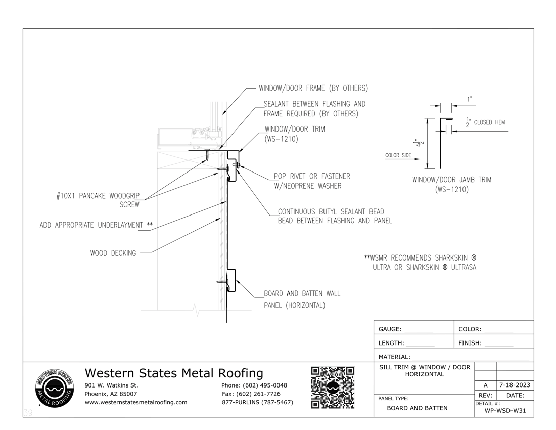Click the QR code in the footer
click(333, 387)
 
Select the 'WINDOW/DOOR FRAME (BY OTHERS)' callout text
click(313, 88)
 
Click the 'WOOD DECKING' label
click(113, 253)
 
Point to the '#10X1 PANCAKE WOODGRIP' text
click(98, 196)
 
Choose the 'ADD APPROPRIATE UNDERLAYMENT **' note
click(96, 225)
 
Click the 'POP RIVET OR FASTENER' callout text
click(312, 176)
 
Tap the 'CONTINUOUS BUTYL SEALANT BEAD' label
click(331, 211)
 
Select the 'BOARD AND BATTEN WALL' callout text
click(302, 293)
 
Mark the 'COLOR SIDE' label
click(398, 155)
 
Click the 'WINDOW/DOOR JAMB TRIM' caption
click(452, 180)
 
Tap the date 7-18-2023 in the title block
click(515, 385)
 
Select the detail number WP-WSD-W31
click(505, 410)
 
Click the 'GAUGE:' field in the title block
click(390, 329)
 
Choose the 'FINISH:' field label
click(470, 343)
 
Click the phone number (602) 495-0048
click(254, 385)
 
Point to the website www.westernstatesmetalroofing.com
click(136, 402)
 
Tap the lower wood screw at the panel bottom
click(221, 281)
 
